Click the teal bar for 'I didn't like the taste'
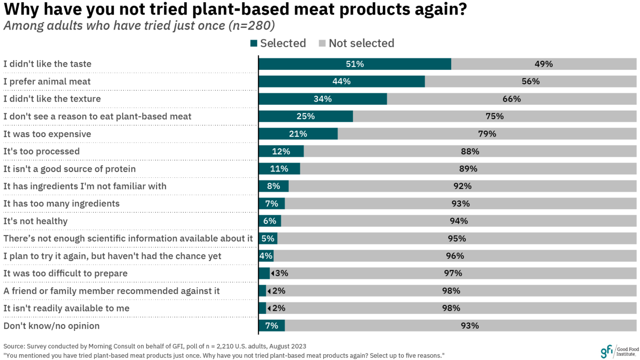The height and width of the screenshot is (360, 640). (354, 64)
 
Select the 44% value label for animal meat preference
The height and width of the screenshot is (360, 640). (341, 81)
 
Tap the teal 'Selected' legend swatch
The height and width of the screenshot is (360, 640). (254, 43)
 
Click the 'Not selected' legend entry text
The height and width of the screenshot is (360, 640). (361, 43)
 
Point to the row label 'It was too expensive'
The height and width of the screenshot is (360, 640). (47, 134)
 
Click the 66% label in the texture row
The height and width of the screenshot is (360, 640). (512, 99)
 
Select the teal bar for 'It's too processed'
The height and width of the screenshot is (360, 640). (281, 151)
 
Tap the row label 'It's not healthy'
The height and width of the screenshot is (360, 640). (35, 221)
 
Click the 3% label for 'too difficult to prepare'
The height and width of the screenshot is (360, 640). (280, 274)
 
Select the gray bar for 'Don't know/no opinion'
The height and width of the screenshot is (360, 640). (460, 326)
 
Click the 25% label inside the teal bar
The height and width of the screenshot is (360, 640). (306, 116)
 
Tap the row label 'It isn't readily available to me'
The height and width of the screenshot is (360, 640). (66, 308)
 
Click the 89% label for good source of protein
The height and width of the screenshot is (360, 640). (468, 169)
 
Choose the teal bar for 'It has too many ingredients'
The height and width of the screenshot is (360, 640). (272, 204)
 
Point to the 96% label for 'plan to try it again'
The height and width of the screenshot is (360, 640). (455, 256)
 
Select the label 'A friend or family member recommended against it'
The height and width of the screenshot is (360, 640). (111, 291)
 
